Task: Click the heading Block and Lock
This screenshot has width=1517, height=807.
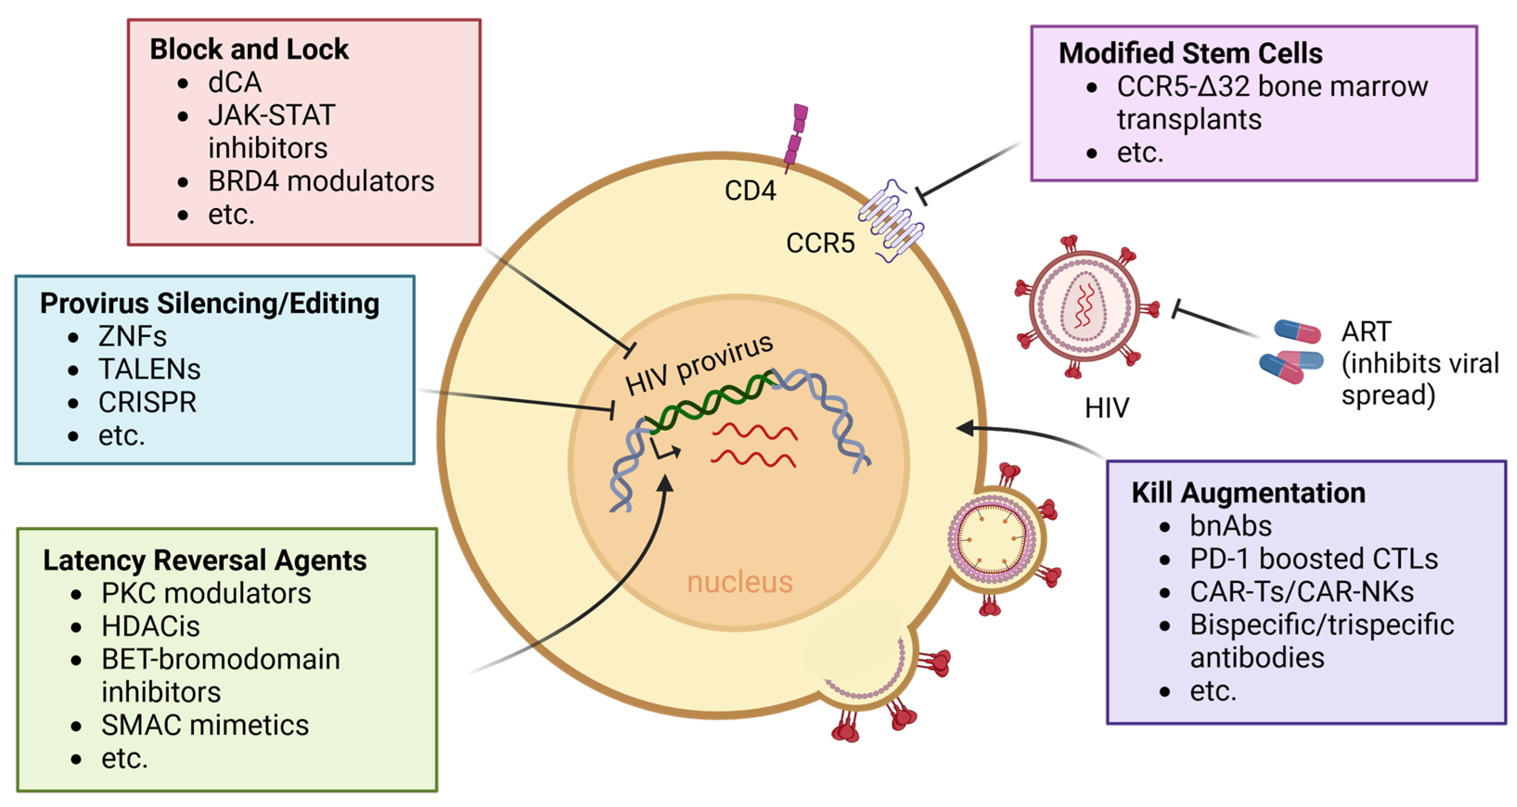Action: tap(249, 50)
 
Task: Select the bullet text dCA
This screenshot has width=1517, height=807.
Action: tap(234, 83)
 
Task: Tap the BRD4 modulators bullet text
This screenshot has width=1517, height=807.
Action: tap(321, 181)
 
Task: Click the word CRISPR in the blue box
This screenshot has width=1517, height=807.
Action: tap(147, 403)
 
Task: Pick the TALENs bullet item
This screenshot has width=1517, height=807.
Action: tap(149, 369)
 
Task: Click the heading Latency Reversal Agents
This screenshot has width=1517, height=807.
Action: tap(205, 560)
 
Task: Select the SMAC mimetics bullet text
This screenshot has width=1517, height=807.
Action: tap(205, 725)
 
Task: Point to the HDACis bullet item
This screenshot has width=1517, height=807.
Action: tap(150, 626)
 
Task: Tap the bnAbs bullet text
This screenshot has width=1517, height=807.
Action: tap(1230, 526)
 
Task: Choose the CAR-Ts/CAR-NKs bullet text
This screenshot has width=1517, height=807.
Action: tap(1301, 592)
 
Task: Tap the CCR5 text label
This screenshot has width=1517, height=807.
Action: tap(820, 243)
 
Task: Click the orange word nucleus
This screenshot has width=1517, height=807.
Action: tap(740, 582)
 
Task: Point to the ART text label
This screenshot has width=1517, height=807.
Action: tap(1366, 332)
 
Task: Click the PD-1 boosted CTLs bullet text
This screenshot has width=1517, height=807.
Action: tap(1313, 559)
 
